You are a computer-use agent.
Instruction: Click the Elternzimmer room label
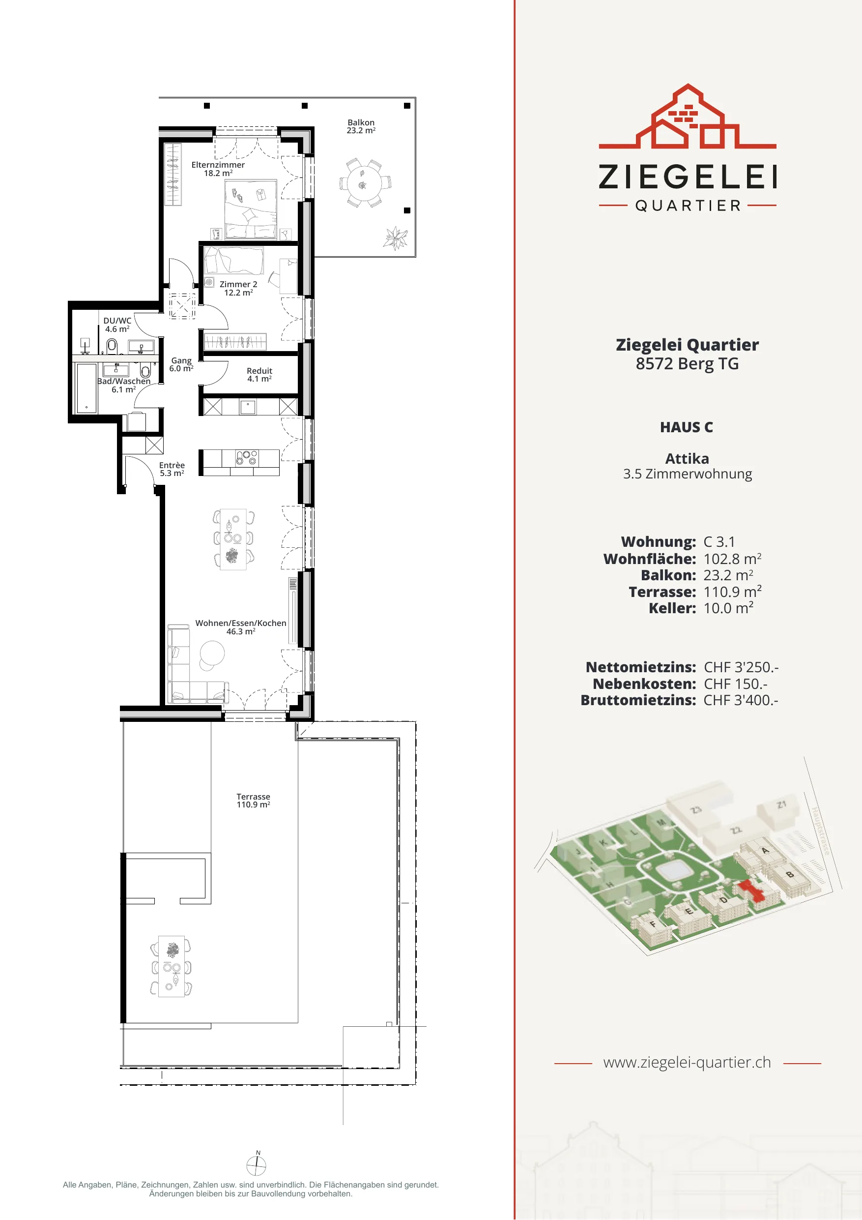pyautogui.click(x=218, y=169)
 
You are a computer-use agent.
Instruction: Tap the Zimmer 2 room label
pyautogui.click(x=238, y=289)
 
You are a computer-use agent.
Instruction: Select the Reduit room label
pyautogui.click(x=259, y=375)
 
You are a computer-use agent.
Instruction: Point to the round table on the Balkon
pyautogui.click(x=364, y=182)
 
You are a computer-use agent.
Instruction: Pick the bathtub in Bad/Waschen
pyautogui.click(x=86, y=388)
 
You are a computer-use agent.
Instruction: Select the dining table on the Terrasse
pyautogui.click(x=172, y=966)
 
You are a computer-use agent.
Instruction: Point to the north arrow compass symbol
pyautogui.click(x=257, y=1166)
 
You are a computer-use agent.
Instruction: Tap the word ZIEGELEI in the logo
pyautogui.click(x=687, y=177)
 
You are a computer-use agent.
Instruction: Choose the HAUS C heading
pyautogui.click(x=687, y=427)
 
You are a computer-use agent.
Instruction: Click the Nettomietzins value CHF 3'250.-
pyautogui.click(x=741, y=667)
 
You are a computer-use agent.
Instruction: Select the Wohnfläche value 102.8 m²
pyautogui.click(x=732, y=559)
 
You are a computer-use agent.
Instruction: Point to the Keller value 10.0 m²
pyautogui.click(x=728, y=608)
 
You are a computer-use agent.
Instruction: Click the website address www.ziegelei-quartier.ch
pyautogui.click(x=687, y=1062)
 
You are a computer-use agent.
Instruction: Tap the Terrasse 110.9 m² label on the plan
pyautogui.click(x=254, y=801)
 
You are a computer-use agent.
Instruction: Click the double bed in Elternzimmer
pyautogui.click(x=251, y=209)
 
